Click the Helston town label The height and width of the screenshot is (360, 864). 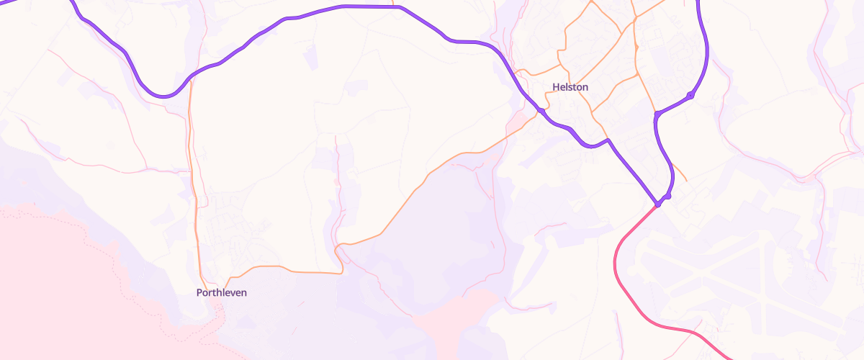coord(570,87)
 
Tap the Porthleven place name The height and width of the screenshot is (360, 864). coord(222,293)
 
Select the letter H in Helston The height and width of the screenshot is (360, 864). coord(556,87)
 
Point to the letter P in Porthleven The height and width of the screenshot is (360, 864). coord(199,293)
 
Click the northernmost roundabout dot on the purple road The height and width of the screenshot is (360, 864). coord(690,95)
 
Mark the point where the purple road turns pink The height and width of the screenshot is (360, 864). coord(657,205)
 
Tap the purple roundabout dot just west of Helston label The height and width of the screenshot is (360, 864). coord(539,110)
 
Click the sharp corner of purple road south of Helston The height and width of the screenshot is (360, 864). coord(608,140)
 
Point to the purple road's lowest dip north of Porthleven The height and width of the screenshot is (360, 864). coord(166,96)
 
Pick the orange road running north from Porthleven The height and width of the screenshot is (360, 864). coord(194,180)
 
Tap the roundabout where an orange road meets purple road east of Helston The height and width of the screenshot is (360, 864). coord(657,114)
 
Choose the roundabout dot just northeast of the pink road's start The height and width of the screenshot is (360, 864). coord(668,196)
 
